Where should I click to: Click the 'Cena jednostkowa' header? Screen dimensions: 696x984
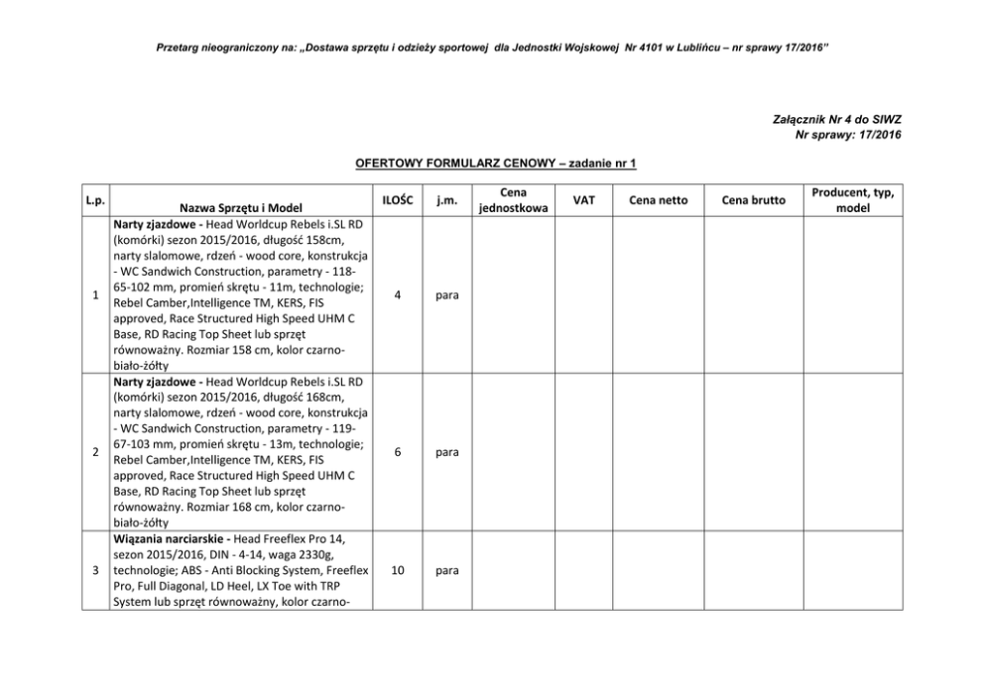(513, 200)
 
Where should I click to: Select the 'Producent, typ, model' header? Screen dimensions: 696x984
(852, 200)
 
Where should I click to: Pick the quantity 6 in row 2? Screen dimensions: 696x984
(397, 451)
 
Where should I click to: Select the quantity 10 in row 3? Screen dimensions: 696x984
(397, 571)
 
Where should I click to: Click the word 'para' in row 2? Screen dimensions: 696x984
(446, 452)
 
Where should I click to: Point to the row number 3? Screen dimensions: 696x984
(95, 571)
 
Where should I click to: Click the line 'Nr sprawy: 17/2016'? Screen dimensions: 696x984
(848, 134)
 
